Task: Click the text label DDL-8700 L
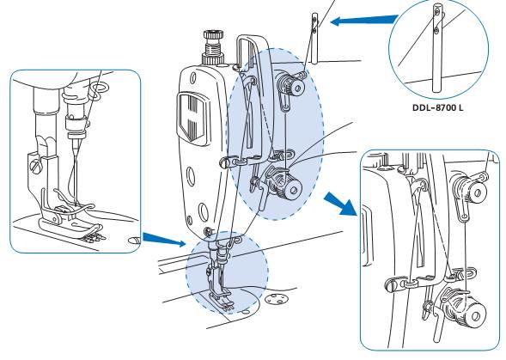click(x=437, y=107)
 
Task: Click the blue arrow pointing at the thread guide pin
click(x=364, y=21)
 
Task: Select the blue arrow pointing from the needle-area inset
click(x=164, y=240)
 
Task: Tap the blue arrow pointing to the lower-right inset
click(x=341, y=204)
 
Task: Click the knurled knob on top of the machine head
click(x=213, y=47)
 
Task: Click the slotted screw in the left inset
click(x=36, y=166)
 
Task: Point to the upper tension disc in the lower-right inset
click(x=471, y=189)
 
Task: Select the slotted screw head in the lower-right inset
click(x=392, y=285)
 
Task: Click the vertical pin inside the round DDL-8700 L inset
click(x=437, y=48)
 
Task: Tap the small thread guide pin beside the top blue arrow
click(x=315, y=38)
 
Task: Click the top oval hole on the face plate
click(x=193, y=78)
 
